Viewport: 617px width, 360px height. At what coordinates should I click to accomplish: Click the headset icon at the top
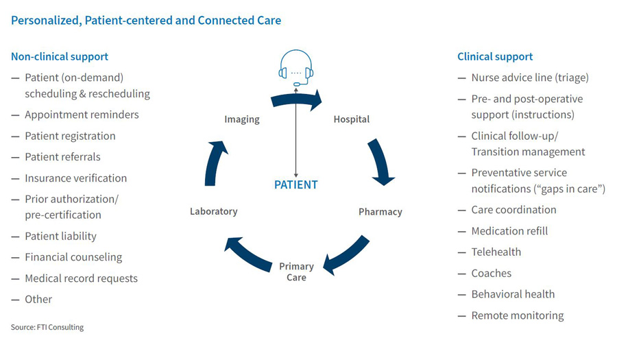pos(296,67)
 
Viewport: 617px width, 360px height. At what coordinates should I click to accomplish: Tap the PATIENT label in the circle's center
pos(296,184)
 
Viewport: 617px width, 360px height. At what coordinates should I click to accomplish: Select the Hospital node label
pos(351,119)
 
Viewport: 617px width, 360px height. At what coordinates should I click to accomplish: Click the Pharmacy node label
pos(380,211)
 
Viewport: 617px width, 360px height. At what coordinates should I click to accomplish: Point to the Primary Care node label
pos(296,272)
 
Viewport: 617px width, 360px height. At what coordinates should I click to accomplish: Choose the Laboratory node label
pos(213,211)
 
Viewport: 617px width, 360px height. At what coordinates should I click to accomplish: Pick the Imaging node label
pos(242,119)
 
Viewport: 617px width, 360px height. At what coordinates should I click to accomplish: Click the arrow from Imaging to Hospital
pos(296,101)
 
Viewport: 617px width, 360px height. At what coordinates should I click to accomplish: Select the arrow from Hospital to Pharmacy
pos(380,162)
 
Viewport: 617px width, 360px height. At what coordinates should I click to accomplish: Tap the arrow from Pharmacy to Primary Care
pos(347,254)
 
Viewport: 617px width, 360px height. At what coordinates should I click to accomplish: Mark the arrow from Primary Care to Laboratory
pos(246,254)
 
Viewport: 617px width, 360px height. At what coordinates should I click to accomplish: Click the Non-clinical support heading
pos(60,56)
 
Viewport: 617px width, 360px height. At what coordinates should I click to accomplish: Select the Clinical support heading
pos(495,56)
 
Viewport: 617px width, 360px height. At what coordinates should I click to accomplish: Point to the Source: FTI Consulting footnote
pos(47,327)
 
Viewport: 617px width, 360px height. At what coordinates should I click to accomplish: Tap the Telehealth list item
pos(496,252)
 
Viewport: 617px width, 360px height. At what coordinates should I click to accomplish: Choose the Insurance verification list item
pos(75,178)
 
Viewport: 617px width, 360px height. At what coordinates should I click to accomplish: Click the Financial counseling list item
pos(73,257)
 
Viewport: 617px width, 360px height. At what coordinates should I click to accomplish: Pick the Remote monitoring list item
pos(517,315)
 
